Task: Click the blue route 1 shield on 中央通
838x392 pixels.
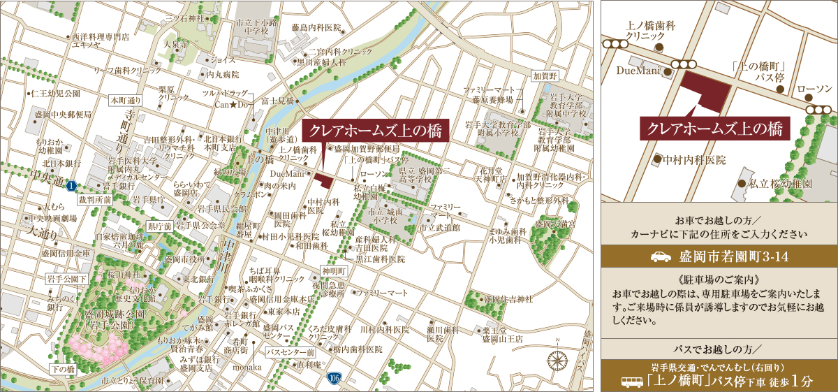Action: tap(71, 187)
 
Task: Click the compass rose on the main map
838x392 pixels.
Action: tap(557, 361)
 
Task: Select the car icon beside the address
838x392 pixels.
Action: tap(660, 256)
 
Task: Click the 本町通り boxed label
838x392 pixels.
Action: tap(126, 100)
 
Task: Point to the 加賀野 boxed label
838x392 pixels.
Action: tap(545, 75)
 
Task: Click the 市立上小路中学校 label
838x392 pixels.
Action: tap(257, 27)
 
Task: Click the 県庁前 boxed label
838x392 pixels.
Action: tap(159, 227)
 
